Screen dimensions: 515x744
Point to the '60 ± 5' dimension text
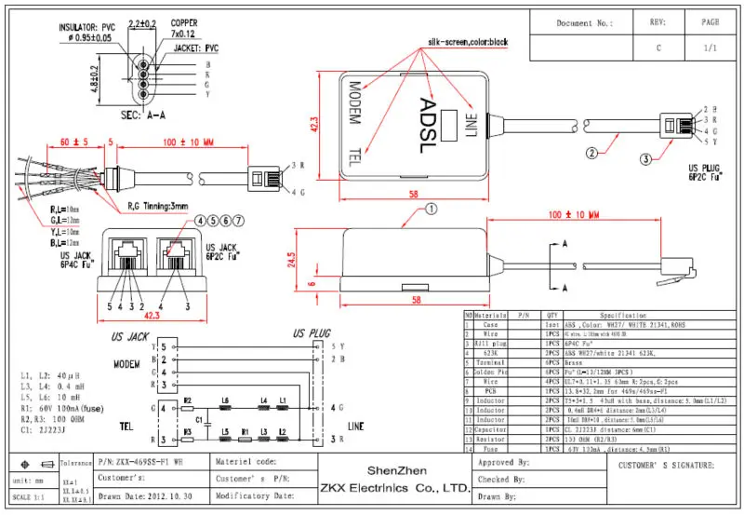[73, 142]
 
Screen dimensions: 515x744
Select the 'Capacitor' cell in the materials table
[489, 430]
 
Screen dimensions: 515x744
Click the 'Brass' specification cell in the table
[573, 359]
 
